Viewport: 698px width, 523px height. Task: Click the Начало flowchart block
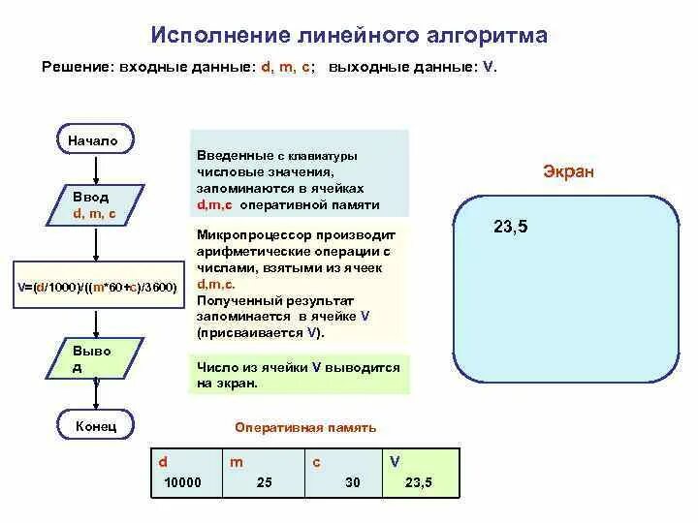93,140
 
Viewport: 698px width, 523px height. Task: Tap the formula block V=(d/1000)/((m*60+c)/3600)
97,288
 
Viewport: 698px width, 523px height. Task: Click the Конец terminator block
95,424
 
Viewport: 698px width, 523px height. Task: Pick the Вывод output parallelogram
93,359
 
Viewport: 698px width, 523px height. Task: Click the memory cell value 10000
182,481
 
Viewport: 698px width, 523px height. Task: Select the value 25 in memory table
264,481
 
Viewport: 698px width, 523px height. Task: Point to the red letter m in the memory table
236,462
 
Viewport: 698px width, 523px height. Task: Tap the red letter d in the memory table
163,462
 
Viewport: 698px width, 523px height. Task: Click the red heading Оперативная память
305,427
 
